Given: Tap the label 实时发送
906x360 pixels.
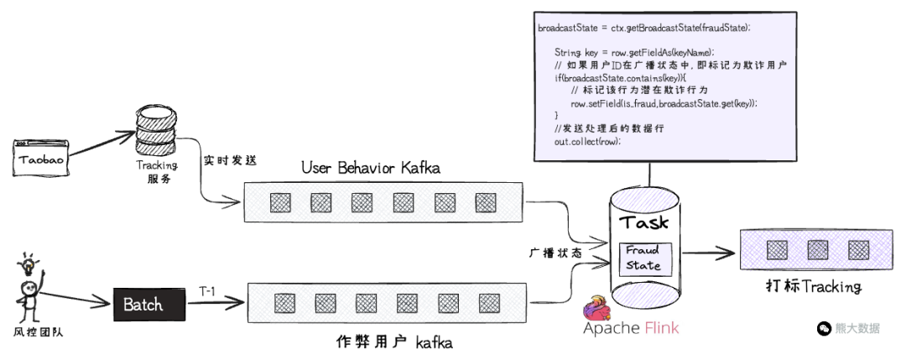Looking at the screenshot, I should tap(229, 157).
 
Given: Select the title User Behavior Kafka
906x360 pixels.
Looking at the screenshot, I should tap(370, 168).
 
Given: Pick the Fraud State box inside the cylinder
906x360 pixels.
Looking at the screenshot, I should tap(643, 258).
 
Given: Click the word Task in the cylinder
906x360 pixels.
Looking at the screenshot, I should tap(644, 222).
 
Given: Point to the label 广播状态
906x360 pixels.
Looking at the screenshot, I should tap(555, 252).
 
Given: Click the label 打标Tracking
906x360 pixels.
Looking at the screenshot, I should tap(813, 287).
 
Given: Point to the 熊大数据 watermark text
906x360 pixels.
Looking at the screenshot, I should tap(857, 328).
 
